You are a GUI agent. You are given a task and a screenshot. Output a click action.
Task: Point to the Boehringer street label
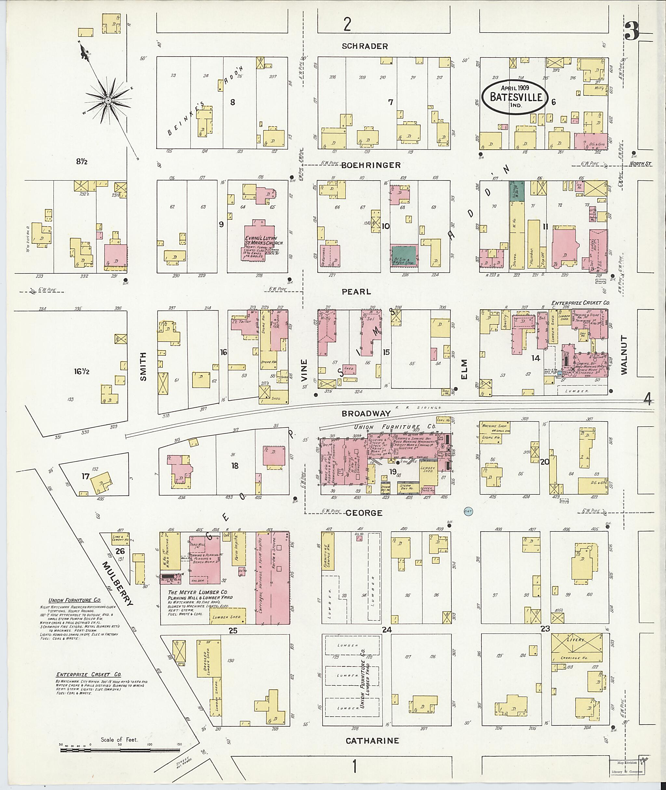pyautogui.click(x=370, y=165)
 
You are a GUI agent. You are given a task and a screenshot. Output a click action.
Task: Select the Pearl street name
pyautogui.click(x=356, y=291)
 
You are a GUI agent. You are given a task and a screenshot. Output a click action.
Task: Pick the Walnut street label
pyautogui.click(x=624, y=355)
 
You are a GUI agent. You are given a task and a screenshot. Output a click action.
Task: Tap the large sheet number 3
pyautogui.click(x=632, y=31)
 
